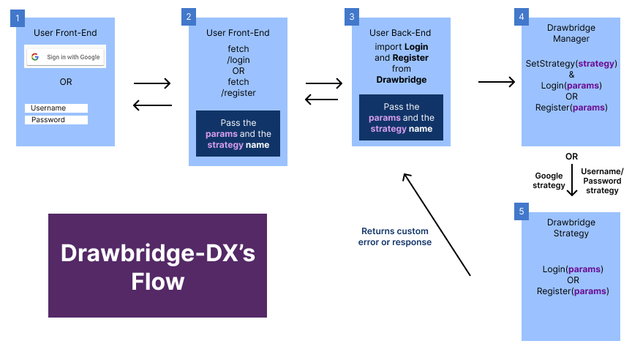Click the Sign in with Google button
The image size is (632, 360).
click(x=66, y=57)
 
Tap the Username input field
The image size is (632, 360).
click(x=56, y=108)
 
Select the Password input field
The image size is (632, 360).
click(x=56, y=120)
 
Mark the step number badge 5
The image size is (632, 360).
click(x=522, y=211)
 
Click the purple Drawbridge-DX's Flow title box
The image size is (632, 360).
click(x=157, y=266)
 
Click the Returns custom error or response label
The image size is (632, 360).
click(x=395, y=237)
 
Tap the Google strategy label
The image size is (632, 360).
click(x=549, y=180)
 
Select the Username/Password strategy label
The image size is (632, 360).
click(x=602, y=181)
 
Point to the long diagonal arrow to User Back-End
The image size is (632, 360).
click(x=436, y=224)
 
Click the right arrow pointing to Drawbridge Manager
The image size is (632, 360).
click(x=497, y=82)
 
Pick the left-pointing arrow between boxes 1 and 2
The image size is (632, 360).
click(x=152, y=106)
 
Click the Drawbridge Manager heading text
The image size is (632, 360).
click(x=571, y=33)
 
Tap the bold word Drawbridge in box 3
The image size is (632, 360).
click(x=401, y=79)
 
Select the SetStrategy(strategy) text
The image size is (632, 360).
click(x=571, y=64)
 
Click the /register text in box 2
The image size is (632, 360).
click(x=238, y=93)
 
